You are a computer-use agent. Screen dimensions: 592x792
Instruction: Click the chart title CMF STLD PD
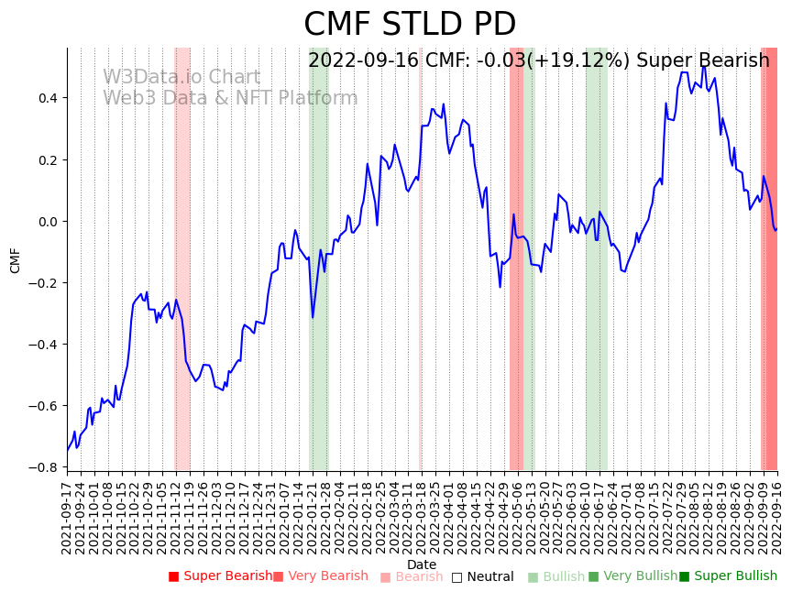(x=410, y=25)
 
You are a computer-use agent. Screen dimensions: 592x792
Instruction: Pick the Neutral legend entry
(x=483, y=576)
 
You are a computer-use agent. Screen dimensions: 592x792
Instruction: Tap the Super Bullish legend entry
(x=728, y=576)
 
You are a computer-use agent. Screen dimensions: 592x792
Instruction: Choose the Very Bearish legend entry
(x=321, y=576)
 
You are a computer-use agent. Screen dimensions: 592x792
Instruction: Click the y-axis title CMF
(x=16, y=260)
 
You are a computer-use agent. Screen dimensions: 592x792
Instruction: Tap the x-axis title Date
(x=422, y=565)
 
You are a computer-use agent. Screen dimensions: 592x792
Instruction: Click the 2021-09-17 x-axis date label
(x=67, y=518)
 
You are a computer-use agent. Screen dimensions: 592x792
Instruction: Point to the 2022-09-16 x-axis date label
(x=777, y=518)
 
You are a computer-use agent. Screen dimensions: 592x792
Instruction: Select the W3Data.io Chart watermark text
(x=181, y=78)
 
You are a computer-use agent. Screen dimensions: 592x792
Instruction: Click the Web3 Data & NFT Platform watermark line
(x=230, y=98)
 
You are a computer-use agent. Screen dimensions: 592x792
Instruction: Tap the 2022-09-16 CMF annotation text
(x=539, y=61)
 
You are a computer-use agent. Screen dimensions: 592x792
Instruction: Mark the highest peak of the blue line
(x=704, y=66)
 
